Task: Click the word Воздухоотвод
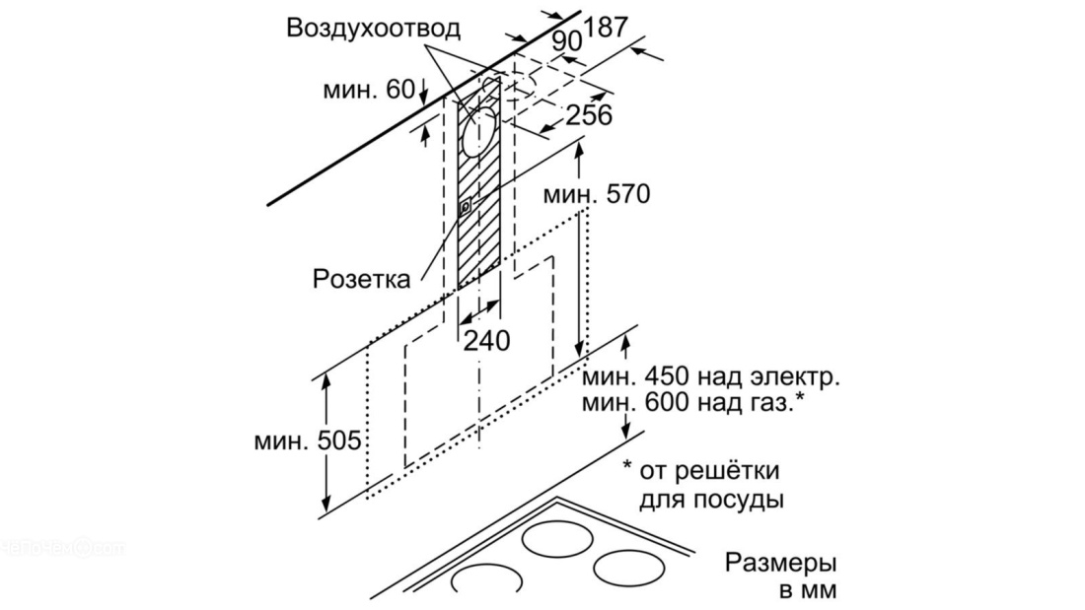[373, 29]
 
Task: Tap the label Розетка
[361, 279]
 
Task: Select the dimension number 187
[606, 27]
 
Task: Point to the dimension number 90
[567, 41]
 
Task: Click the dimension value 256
[589, 115]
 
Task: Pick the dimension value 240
[485, 340]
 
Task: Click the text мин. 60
[369, 90]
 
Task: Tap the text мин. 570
[597, 194]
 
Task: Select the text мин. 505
[308, 440]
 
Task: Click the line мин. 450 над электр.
[710, 377]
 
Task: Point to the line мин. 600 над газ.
[693, 402]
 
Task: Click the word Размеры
[780, 563]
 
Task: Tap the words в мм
[808, 591]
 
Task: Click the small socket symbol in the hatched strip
[466, 206]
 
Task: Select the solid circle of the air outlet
[478, 131]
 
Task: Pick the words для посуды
[711, 500]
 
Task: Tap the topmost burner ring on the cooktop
[557, 538]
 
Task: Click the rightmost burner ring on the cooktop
[629, 568]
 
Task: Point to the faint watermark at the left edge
[61, 548]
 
